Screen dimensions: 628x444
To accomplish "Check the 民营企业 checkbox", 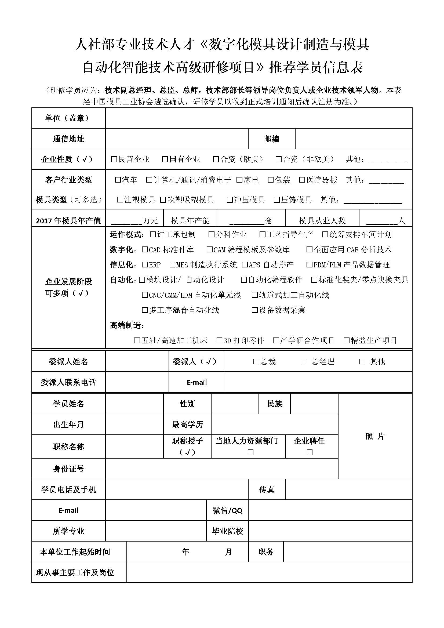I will (x=114, y=159).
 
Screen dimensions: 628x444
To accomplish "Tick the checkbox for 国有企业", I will (x=165, y=159).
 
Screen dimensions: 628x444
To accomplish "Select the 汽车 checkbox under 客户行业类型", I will (x=118, y=180).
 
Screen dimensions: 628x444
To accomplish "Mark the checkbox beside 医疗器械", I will (x=302, y=180).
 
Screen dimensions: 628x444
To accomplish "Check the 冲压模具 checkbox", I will (x=230, y=200).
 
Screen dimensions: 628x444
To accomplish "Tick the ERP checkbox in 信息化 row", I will (x=145, y=264).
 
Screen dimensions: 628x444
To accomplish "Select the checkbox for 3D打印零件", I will (x=219, y=340).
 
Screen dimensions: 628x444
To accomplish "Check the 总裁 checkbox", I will (x=256, y=362).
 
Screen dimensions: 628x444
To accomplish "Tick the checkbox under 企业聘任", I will (x=310, y=452).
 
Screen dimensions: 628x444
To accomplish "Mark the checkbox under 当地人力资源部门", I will (x=250, y=452).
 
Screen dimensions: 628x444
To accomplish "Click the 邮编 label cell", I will (x=271, y=139).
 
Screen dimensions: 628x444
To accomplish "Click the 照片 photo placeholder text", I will (x=375, y=436).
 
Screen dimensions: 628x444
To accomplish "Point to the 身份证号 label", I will (x=68, y=469).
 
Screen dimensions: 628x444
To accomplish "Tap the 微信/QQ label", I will (x=227, y=510).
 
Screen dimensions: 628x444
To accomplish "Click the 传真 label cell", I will (x=267, y=490).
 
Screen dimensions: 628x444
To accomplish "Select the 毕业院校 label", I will (x=227, y=531).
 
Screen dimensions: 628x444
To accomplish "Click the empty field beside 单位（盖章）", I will (x=258, y=118).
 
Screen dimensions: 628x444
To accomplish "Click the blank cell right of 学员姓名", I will (x=134, y=404).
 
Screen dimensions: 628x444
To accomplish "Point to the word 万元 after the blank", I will (x=150, y=220).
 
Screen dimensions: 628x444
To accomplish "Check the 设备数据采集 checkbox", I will (x=254, y=310).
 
